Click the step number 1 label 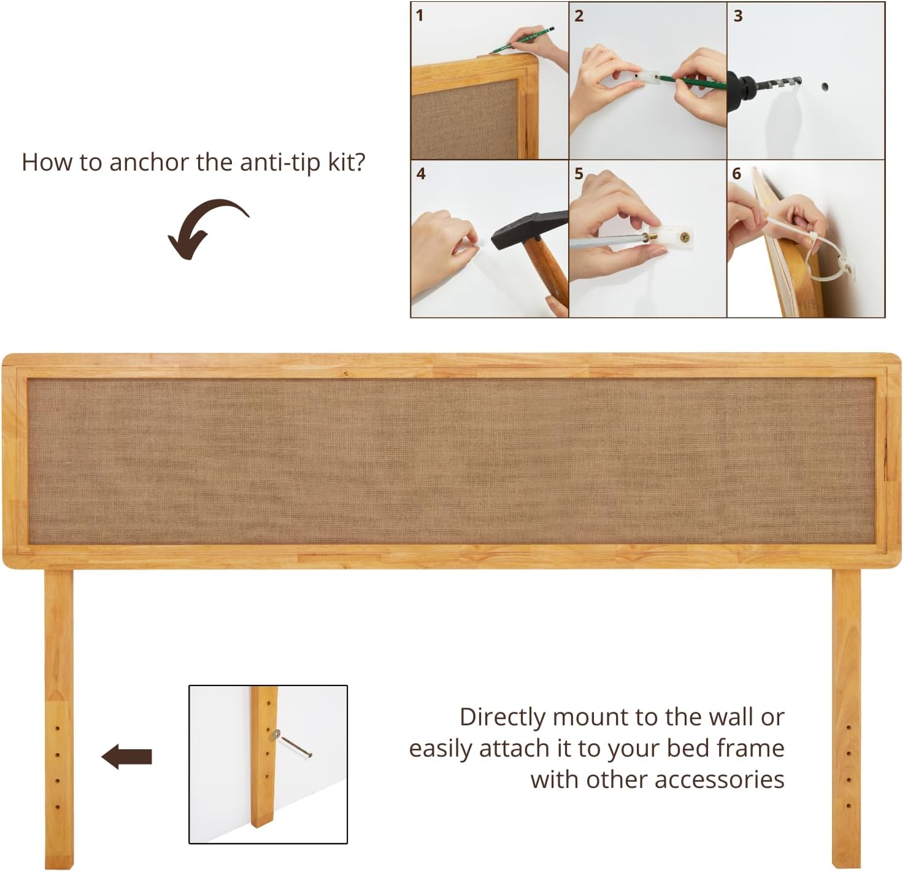pos(420,15)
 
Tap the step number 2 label pos(579,16)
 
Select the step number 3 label pos(738,16)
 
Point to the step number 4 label pos(421,174)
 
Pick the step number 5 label pos(579,174)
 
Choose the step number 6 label pos(737,174)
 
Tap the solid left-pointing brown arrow pos(127,757)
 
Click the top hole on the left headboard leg pos(58,728)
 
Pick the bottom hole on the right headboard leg pos(849,805)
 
